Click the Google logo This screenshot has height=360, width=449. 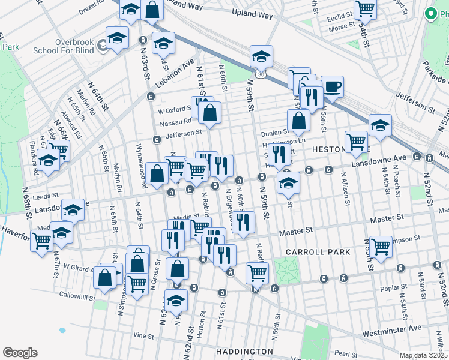click(20, 352)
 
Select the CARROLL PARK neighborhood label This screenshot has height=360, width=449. click(318, 252)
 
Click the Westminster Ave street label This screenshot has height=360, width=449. click(392, 329)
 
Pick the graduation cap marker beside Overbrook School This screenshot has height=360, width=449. click(118, 38)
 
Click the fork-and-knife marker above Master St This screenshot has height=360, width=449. click(243, 221)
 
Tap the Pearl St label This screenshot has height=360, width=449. click(348, 354)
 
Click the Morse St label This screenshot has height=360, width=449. click(340, 26)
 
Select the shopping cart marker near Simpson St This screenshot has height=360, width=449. click(380, 245)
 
